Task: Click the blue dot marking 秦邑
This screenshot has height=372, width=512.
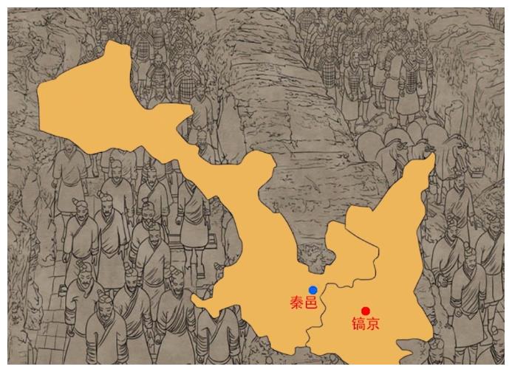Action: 313,290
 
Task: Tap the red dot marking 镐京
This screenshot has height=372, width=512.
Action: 365,311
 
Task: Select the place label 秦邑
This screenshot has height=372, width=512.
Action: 304,302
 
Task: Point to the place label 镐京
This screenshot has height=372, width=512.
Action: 365,324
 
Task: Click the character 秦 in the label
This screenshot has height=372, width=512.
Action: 296,302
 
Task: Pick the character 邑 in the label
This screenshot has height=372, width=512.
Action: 311,302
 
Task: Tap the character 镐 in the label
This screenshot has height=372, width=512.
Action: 358,324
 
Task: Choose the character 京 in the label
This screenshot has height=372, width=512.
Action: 372,324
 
